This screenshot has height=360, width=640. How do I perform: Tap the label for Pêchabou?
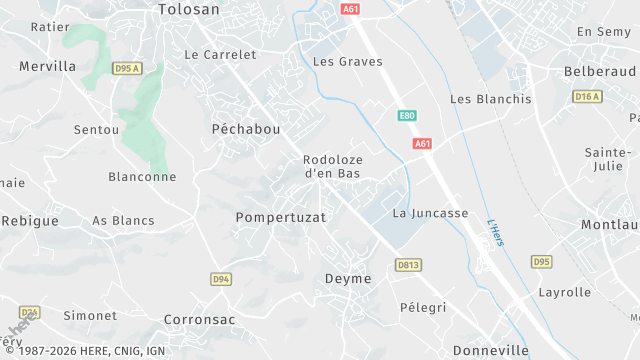pos(246,129)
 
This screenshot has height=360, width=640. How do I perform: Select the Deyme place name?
pos(348,279)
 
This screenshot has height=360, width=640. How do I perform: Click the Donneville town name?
pos(490,351)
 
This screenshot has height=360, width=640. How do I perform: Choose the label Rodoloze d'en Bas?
pos(333,166)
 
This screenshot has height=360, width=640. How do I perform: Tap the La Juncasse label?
pos(430,213)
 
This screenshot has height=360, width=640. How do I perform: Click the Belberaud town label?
pos(600,72)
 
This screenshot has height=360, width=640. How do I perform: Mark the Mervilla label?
pos(47,66)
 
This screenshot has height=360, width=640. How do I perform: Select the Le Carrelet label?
pos(221,54)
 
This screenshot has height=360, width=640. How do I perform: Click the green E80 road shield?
pos(406,116)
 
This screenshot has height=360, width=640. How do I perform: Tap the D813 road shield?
pos(407,265)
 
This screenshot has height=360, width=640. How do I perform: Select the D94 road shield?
pos(222,279)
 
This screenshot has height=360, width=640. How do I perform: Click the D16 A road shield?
pos(588,96)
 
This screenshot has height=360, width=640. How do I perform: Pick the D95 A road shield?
pos(126,69)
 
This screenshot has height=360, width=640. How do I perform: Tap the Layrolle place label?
pos(564,293)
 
